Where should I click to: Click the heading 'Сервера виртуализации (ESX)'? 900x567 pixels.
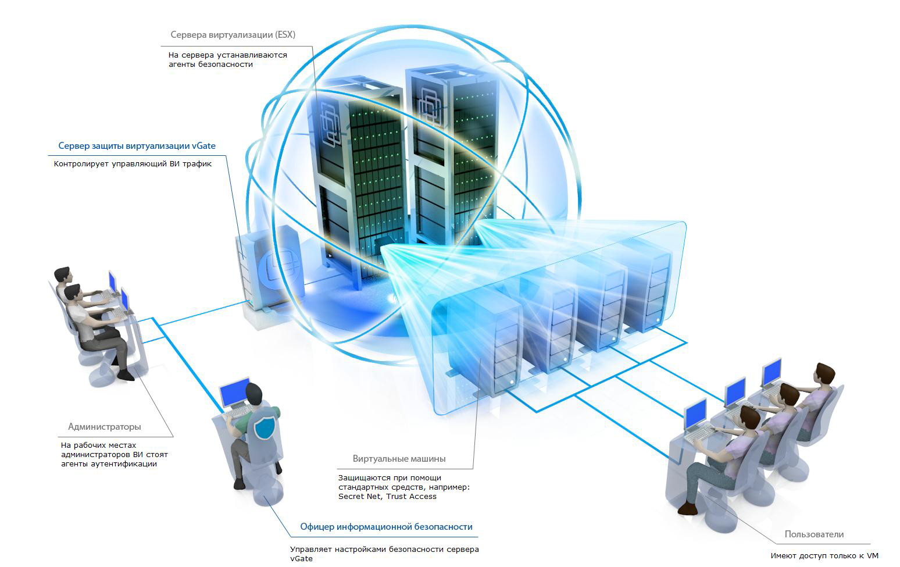(x=233, y=35)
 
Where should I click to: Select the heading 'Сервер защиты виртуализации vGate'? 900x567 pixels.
(x=137, y=146)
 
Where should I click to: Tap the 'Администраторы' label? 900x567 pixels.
(x=105, y=427)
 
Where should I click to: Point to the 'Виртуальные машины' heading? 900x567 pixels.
(x=399, y=459)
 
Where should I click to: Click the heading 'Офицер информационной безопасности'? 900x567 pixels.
(x=386, y=527)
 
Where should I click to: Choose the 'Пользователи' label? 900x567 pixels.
(x=814, y=534)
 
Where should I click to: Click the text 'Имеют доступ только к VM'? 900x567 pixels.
(x=824, y=556)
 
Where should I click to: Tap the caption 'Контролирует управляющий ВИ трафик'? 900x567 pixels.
(x=133, y=164)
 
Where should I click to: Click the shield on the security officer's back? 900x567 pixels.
(x=265, y=427)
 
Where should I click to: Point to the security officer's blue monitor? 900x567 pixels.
(x=234, y=393)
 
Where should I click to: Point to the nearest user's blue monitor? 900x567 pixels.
(x=695, y=415)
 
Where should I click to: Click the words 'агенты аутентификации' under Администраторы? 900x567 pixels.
(x=109, y=464)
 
